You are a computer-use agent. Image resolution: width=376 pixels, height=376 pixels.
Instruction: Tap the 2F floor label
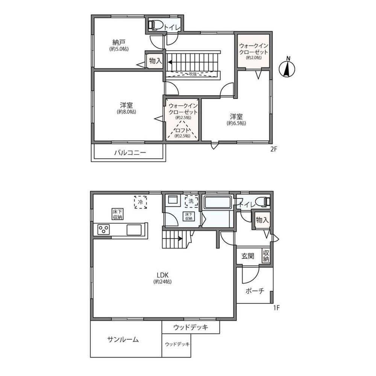274,149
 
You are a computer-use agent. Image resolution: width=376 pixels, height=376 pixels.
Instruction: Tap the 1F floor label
276,308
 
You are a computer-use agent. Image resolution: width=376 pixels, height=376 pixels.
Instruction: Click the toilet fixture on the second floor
155,25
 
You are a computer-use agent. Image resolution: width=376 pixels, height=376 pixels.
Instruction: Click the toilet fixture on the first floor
263,202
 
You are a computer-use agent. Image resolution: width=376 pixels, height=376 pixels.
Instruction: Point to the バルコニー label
130,153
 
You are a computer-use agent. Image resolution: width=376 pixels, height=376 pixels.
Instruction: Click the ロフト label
182,130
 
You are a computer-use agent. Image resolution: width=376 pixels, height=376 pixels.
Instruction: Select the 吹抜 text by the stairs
193,74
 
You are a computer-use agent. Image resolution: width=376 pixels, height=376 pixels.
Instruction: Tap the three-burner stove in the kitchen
104,229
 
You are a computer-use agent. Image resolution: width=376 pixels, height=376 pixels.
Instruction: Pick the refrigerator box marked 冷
141,202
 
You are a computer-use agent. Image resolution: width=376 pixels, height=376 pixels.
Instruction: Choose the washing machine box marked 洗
191,201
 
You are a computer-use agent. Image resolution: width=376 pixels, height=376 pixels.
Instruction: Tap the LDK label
162,275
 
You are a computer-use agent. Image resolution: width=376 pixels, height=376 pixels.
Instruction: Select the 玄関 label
247,256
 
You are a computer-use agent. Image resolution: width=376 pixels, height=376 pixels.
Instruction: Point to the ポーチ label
255,291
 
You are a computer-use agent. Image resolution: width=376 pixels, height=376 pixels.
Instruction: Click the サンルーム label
123,339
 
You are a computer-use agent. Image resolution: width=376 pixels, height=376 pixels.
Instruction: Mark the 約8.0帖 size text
126,112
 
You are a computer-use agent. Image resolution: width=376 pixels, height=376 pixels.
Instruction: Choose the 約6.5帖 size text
237,123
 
